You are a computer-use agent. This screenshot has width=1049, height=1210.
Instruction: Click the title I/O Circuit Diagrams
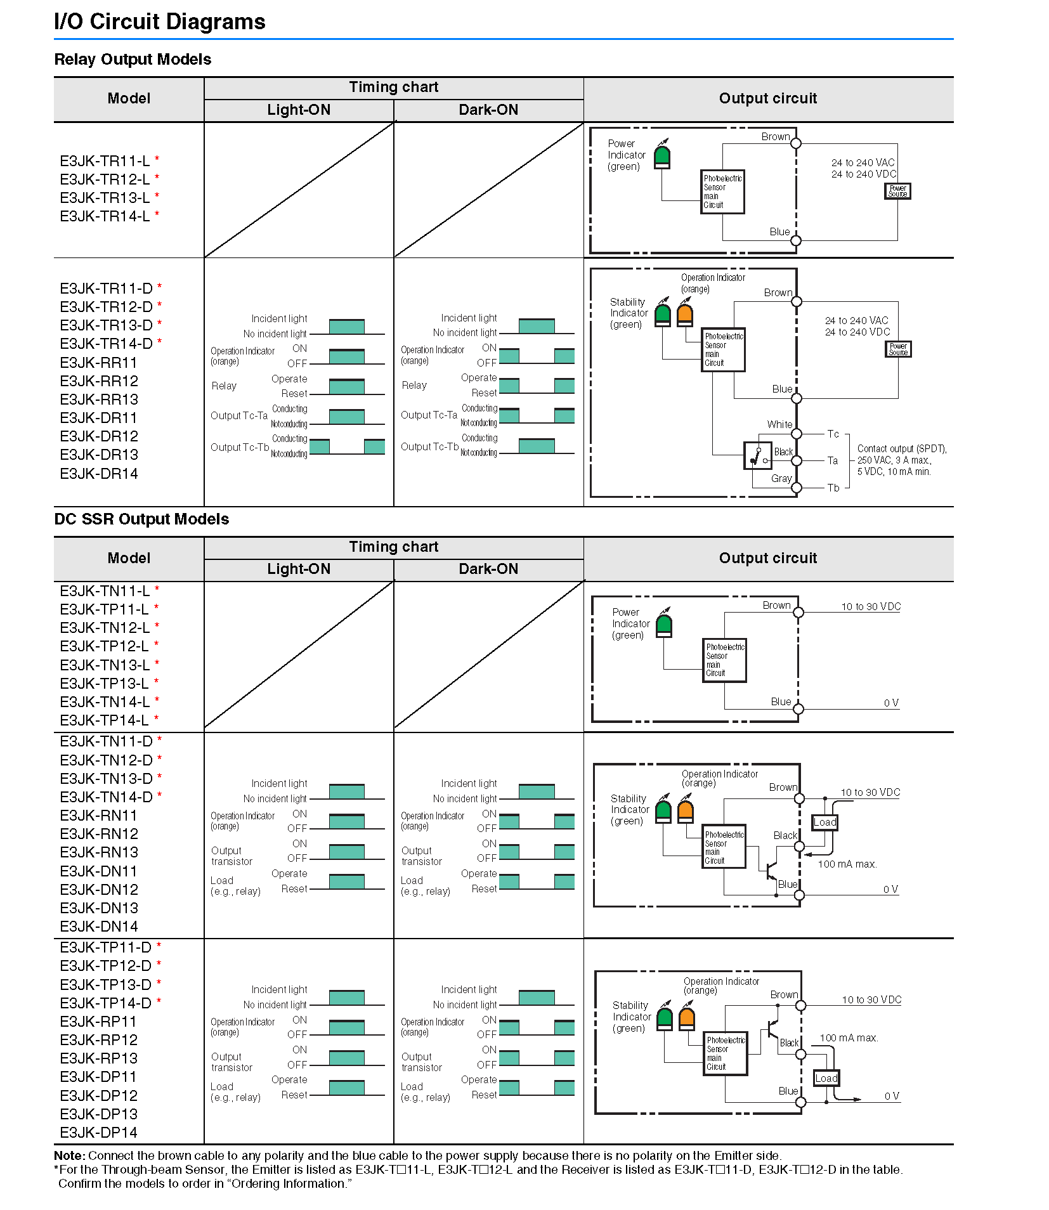[x=159, y=22]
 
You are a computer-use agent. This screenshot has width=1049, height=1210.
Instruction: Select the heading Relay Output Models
[x=133, y=59]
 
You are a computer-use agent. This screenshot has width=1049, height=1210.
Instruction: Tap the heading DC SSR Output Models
[x=141, y=519]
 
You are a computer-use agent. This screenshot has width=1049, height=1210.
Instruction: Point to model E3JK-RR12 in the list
[x=99, y=381]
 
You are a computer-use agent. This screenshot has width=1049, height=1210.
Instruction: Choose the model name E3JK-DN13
[x=99, y=908]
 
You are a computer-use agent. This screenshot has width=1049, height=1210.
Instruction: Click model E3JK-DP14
[x=98, y=1133]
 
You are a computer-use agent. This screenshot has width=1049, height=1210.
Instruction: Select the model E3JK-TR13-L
[x=105, y=198]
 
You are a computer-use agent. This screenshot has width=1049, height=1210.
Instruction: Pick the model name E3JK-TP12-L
[x=104, y=646]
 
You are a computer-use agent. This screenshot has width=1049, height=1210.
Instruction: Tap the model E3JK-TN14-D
[x=106, y=797]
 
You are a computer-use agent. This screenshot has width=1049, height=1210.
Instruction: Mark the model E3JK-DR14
[x=99, y=474]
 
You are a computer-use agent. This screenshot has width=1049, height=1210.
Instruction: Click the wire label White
[x=779, y=424]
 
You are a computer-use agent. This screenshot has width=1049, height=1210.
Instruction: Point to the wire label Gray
[x=781, y=478]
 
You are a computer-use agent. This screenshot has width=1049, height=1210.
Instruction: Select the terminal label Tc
[x=833, y=434]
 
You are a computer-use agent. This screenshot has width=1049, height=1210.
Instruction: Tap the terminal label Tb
[x=833, y=488]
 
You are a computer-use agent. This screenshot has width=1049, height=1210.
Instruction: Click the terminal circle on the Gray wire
[x=797, y=488]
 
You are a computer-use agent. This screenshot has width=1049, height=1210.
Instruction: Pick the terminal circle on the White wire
[x=797, y=434]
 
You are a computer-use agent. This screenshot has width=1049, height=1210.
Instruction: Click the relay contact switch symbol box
[x=757, y=455]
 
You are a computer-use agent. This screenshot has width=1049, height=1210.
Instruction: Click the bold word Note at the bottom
[x=68, y=1155]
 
